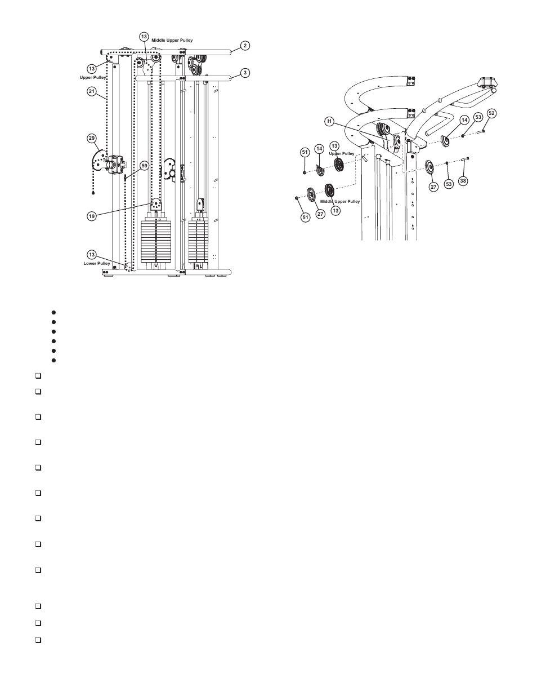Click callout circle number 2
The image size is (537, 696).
(x=244, y=46)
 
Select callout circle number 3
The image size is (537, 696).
(x=244, y=73)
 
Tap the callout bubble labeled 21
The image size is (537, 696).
(x=92, y=91)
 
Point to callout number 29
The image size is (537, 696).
(x=92, y=138)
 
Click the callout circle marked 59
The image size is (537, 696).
(x=144, y=166)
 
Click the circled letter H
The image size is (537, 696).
(x=330, y=121)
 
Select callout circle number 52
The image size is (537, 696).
(x=491, y=113)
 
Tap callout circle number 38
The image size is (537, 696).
(x=463, y=181)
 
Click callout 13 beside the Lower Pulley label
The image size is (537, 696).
(x=92, y=254)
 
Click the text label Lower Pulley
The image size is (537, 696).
(x=97, y=263)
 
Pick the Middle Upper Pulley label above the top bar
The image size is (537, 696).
(x=172, y=41)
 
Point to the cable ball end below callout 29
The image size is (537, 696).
(x=93, y=193)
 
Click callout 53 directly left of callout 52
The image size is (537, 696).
(x=478, y=117)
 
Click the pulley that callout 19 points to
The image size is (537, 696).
(x=156, y=203)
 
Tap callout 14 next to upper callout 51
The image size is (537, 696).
(x=319, y=149)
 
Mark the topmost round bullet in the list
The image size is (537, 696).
(x=52, y=312)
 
